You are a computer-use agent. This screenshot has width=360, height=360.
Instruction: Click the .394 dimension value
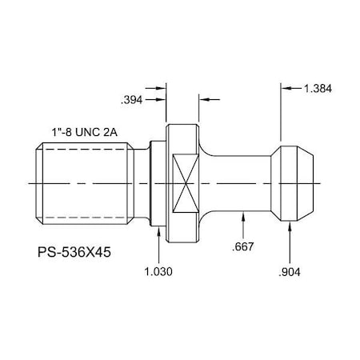click(133, 101)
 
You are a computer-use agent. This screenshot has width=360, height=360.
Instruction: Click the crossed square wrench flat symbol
click(183, 183)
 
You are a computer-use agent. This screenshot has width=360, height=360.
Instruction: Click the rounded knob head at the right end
click(297, 183)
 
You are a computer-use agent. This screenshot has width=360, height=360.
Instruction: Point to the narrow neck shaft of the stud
click(240, 183)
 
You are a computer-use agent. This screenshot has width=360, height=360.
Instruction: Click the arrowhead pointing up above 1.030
click(159, 232)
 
